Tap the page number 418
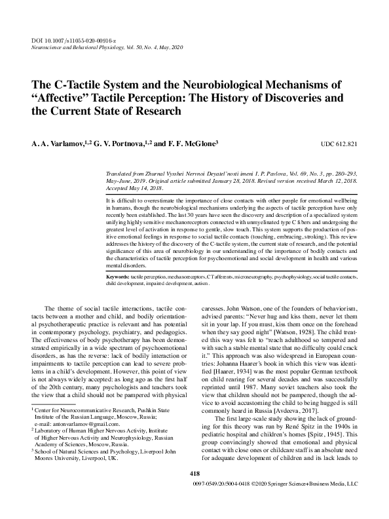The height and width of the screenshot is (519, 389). click(194, 492)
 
